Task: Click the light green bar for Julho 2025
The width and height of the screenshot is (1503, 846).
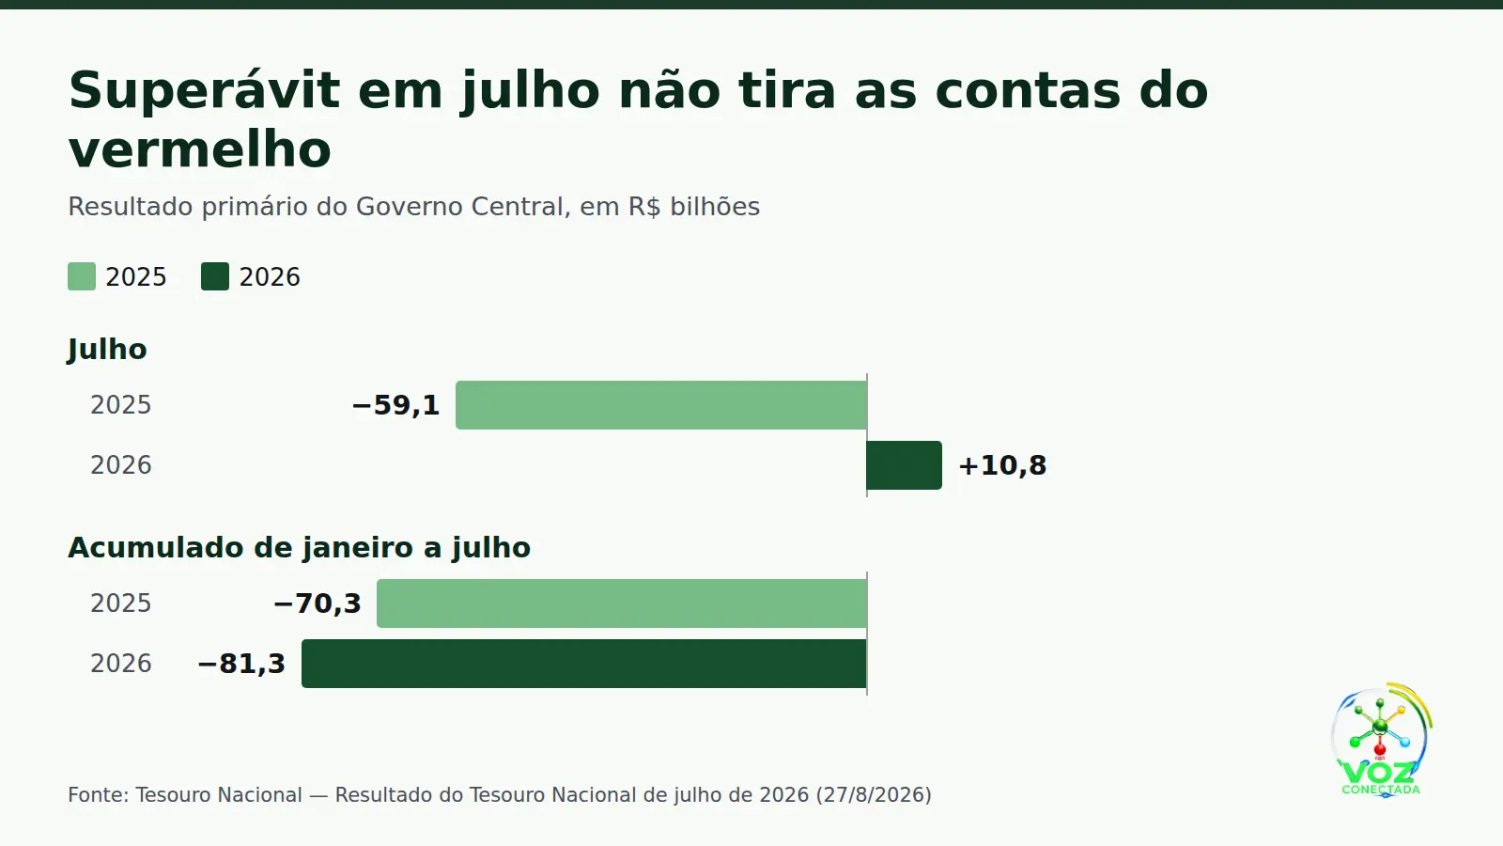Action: pos(661,405)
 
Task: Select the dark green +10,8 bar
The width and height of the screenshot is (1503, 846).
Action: pos(905,465)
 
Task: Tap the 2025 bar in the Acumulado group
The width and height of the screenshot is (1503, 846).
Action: pos(622,603)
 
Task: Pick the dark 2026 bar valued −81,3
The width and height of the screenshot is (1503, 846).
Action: pos(584,664)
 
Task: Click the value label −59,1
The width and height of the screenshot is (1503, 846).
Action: pos(395,405)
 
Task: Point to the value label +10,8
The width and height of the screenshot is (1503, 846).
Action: pos(1002,466)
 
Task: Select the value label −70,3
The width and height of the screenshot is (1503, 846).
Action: pos(318,603)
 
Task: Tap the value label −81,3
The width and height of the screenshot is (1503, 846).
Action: pos(241,664)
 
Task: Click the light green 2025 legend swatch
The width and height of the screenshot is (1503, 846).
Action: pos(82,276)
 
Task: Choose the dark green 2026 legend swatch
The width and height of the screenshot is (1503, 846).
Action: pos(215,276)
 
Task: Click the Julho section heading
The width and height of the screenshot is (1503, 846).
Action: pos(107,350)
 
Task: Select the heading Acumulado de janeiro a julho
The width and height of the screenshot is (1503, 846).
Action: pos(300,548)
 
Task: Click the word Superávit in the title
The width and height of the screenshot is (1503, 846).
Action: pos(204,91)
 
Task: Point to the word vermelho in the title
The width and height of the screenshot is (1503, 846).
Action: pos(200,149)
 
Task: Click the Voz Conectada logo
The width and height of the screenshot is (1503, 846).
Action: pos(1381,740)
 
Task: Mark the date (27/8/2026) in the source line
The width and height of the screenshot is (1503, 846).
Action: pos(874,795)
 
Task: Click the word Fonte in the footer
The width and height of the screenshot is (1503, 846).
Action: pos(98,795)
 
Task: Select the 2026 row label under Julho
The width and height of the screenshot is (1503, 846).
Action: pos(121,465)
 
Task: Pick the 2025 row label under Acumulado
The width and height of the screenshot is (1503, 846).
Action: pos(121,603)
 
